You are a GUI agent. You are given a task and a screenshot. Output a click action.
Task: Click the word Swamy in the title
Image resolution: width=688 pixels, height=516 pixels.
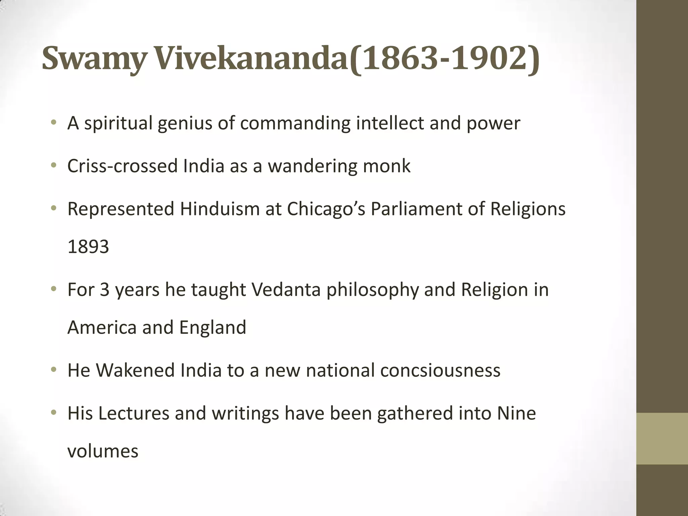pos(94,59)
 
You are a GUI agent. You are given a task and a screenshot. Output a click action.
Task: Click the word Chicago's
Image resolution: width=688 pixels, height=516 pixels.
pos(326,209)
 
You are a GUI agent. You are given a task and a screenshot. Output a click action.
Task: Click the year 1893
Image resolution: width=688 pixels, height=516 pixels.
pos(88,247)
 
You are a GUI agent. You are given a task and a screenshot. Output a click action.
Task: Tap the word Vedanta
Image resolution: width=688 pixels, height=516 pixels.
pos(286,290)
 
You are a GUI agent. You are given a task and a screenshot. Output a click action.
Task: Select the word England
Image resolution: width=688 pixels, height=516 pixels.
pos(213,328)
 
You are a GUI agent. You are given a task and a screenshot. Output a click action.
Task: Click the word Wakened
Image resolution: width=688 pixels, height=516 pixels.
pos(135,370)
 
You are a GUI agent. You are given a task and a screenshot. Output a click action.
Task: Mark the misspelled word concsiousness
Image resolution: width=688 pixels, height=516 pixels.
pos(440,370)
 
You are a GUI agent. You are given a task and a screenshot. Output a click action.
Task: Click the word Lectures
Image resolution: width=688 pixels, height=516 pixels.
pos(134,413)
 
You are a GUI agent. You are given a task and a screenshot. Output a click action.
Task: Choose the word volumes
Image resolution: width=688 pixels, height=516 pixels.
pos(103,451)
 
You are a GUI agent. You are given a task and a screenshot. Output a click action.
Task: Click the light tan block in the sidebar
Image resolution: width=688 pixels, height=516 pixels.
pos(662,438)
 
